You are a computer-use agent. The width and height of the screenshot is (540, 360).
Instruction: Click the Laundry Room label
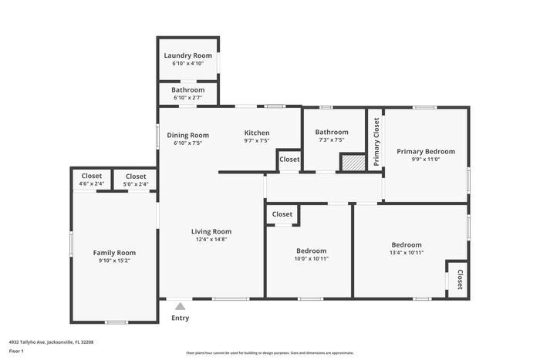(x=188, y=56)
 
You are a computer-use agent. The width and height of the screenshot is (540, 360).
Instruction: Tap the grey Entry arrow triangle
(x=180, y=306)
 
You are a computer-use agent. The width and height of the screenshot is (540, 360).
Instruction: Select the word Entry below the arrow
(x=180, y=318)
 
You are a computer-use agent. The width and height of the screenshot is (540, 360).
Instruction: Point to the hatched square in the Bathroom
(x=352, y=163)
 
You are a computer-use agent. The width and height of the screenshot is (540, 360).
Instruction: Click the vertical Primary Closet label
(x=376, y=141)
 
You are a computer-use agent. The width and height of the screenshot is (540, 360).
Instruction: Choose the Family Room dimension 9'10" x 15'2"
(x=114, y=261)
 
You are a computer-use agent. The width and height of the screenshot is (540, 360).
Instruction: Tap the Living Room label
(x=211, y=231)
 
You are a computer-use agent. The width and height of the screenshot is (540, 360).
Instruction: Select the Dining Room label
(x=188, y=135)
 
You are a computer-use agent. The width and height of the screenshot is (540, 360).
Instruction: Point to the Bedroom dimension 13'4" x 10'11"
(x=407, y=253)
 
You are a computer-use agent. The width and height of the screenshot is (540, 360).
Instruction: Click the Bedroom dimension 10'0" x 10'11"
(x=312, y=259)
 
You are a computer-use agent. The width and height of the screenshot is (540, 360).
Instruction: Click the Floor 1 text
(x=16, y=352)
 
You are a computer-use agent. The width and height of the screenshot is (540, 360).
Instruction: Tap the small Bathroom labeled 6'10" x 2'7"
(x=188, y=94)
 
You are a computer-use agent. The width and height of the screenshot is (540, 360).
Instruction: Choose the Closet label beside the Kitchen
(x=289, y=159)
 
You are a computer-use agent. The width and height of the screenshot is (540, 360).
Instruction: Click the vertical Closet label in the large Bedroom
(x=460, y=278)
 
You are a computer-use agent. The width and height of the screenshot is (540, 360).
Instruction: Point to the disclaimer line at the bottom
(x=270, y=352)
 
